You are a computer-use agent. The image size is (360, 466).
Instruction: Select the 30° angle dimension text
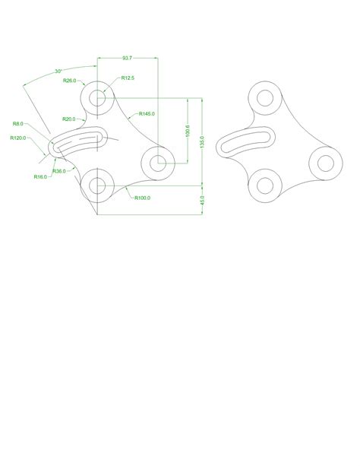point(58,71)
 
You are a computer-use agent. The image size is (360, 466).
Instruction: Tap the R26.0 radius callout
point(69,80)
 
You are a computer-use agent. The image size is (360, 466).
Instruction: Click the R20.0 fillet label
point(70,119)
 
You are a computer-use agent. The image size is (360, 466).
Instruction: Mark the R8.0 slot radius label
point(18,123)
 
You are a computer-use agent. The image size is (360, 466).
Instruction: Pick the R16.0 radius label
point(40,176)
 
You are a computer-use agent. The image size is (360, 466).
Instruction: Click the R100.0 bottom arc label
point(142,198)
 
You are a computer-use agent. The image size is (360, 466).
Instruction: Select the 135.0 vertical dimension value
point(201,142)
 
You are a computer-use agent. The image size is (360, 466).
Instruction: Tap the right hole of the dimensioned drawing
point(158,161)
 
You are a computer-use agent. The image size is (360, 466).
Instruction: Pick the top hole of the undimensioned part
point(265,98)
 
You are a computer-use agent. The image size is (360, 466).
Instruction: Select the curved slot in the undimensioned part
point(245,141)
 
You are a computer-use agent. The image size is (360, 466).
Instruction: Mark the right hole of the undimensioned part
point(325,161)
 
